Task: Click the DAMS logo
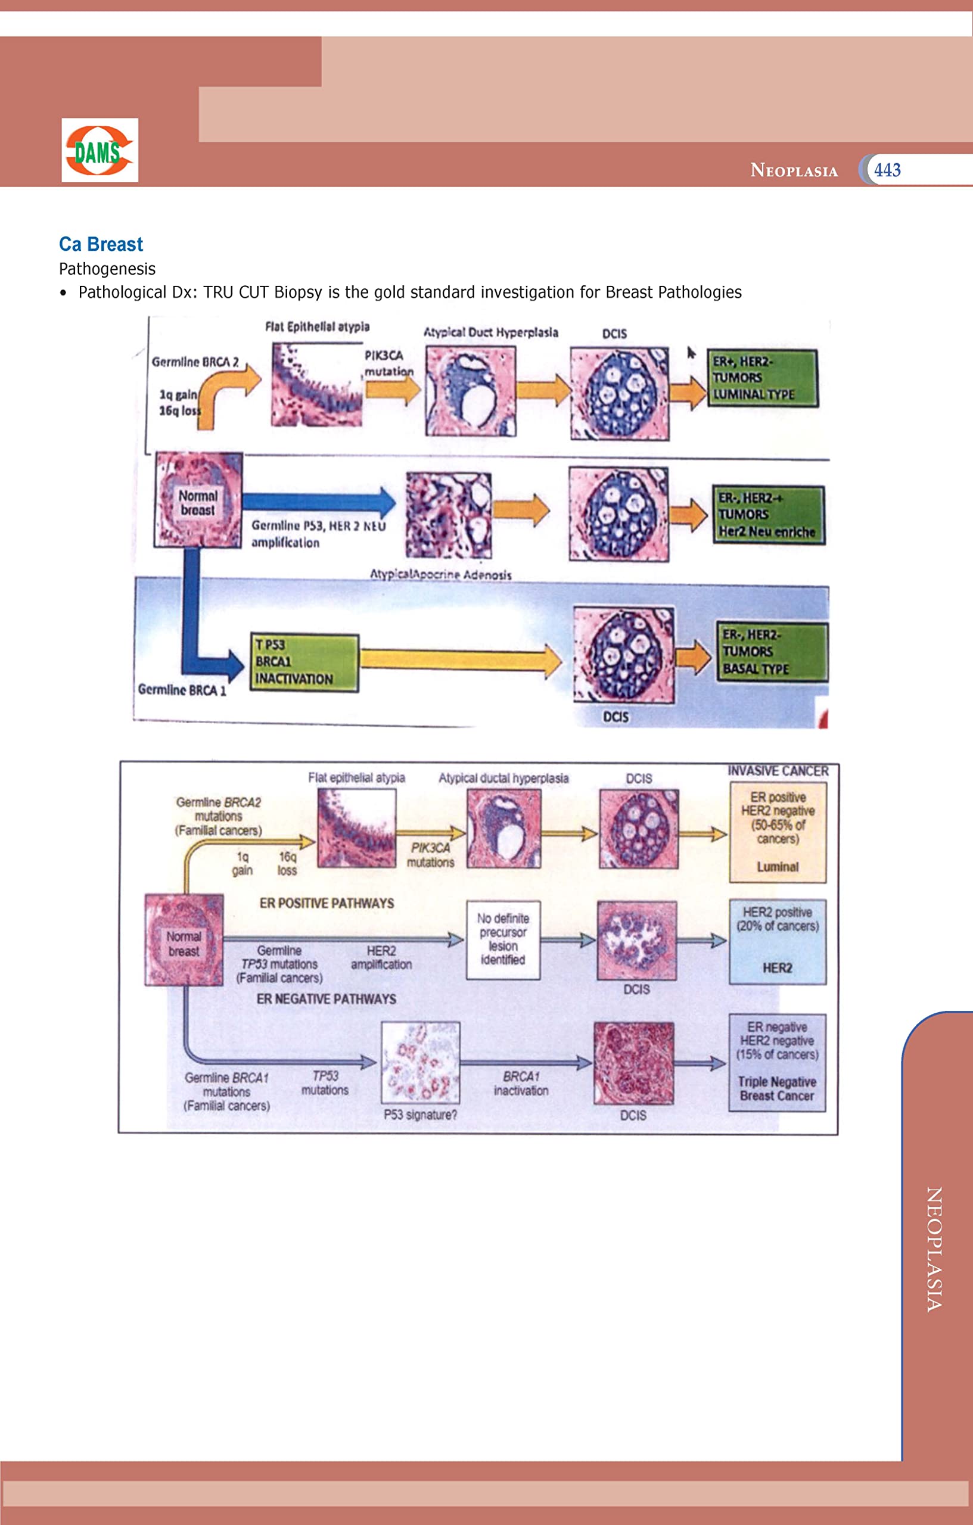(x=100, y=151)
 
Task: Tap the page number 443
(x=887, y=170)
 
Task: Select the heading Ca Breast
(x=101, y=244)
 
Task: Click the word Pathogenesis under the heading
(x=107, y=269)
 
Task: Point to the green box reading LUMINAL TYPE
(x=762, y=378)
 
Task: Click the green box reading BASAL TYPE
(x=772, y=652)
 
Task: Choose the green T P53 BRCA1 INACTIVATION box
(x=304, y=662)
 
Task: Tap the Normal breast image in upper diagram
(x=198, y=500)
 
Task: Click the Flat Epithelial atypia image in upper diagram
(x=317, y=384)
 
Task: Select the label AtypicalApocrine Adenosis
(x=440, y=574)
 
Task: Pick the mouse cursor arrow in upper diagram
(x=692, y=353)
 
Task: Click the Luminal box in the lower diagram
(x=777, y=832)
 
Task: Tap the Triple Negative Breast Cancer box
(x=776, y=1062)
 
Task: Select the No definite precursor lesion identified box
(x=503, y=939)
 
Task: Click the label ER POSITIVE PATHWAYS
(x=327, y=903)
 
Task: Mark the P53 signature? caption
(x=420, y=1115)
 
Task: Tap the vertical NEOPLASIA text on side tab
(x=934, y=1248)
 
